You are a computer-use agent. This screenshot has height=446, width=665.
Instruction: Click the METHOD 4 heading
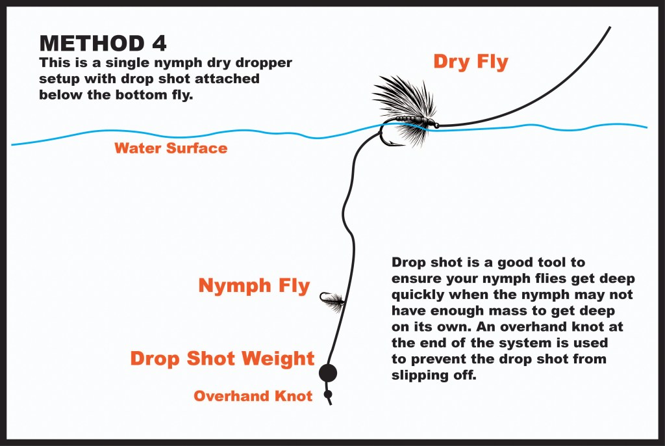(x=103, y=43)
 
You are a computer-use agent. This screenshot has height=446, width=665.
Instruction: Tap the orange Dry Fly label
(x=470, y=62)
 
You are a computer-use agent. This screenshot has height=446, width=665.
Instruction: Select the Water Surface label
(x=171, y=148)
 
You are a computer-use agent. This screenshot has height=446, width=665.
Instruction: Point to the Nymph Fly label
(x=254, y=286)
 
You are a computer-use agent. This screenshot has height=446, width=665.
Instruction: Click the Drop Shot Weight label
(x=222, y=359)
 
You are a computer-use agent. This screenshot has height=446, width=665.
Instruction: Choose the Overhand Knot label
(x=253, y=396)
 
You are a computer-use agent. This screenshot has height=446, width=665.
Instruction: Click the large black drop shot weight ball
(x=328, y=373)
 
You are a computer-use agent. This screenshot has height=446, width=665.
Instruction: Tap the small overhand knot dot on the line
(x=329, y=394)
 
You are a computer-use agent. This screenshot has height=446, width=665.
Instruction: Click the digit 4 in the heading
(x=158, y=43)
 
